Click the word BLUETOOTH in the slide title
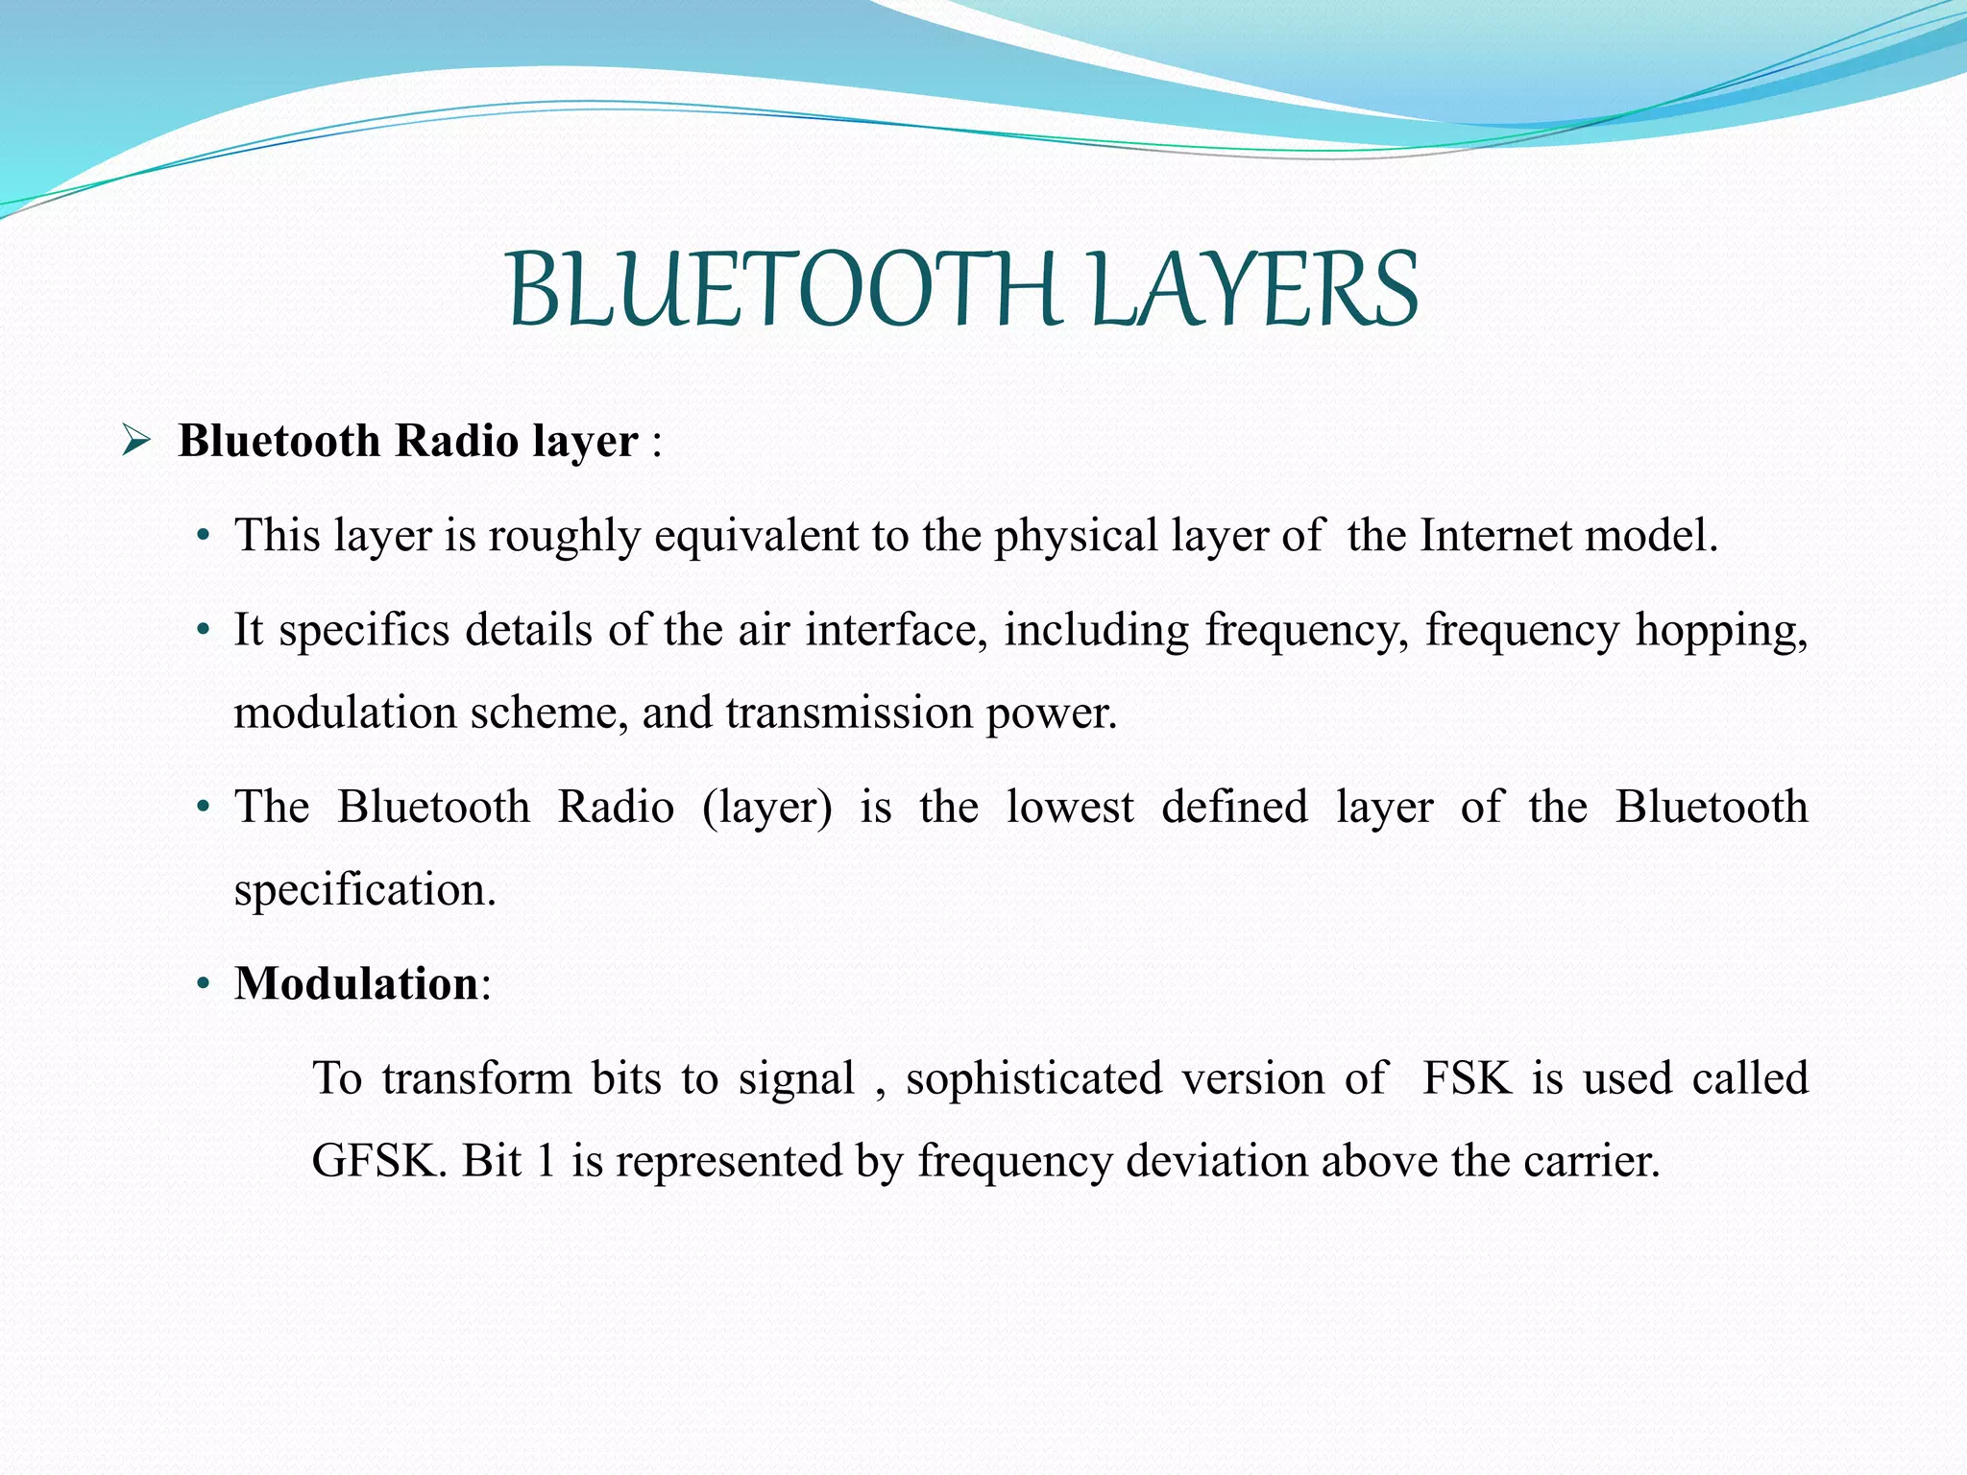pos(784,289)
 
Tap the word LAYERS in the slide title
pos(1253,289)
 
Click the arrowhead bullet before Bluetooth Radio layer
pos(135,443)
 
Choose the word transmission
pos(849,713)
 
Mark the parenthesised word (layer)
pos(767,808)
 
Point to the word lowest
pos(1070,807)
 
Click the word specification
pos(365,890)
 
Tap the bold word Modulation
pos(356,983)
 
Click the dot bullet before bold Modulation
pos(203,985)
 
